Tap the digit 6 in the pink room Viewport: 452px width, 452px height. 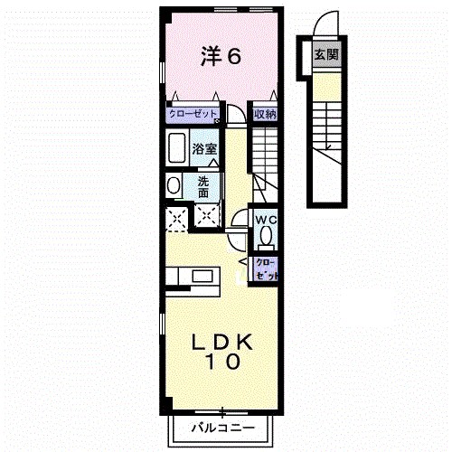[233, 57]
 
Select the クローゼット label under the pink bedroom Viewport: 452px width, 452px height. [192, 115]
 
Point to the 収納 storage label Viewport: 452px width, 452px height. [264, 115]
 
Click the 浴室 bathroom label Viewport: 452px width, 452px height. [204, 149]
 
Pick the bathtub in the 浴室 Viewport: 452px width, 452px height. [177, 147]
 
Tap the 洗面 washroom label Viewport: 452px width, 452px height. [203, 186]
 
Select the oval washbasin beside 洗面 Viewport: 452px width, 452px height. [174, 186]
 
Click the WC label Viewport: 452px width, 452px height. [264, 221]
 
